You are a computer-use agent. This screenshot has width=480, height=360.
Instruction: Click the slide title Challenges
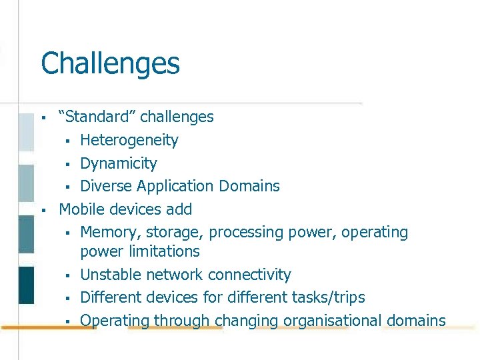coord(110,64)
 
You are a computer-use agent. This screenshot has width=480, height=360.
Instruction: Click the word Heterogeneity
coord(129,140)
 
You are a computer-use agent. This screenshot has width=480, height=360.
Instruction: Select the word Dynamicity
coord(119,163)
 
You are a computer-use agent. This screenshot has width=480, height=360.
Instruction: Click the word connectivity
coord(249,275)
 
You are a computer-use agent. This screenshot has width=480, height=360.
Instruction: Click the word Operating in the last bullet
coord(115,321)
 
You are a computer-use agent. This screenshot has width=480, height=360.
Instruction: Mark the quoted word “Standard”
coord(97,117)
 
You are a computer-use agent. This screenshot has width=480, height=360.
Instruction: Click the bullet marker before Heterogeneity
coord(67,141)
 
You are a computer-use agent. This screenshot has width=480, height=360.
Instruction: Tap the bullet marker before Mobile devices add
coord(43,211)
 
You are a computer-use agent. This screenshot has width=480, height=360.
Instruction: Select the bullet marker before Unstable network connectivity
coord(67,276)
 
